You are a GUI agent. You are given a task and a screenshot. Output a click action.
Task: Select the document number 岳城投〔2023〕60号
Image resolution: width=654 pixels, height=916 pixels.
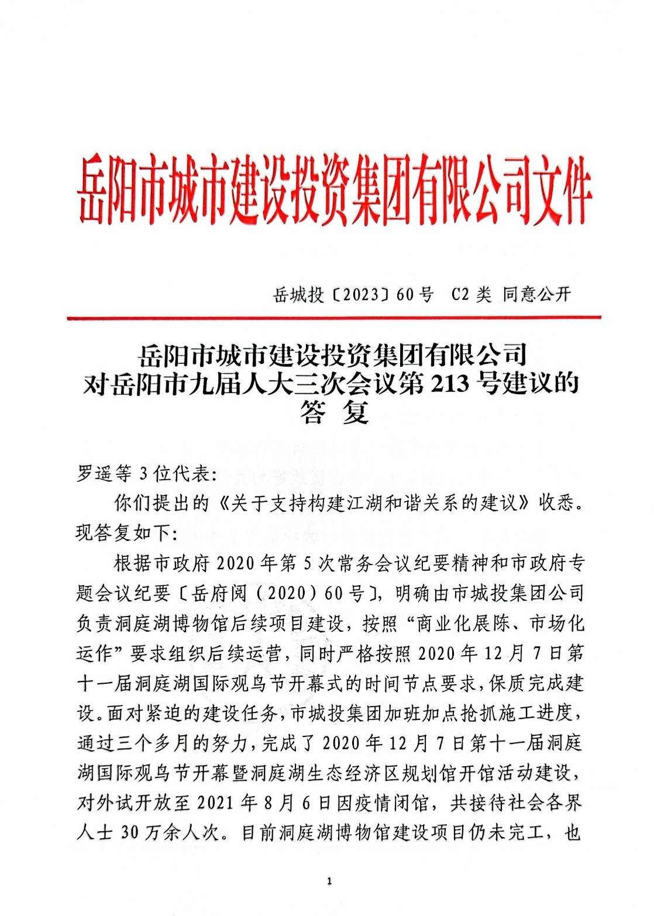(353, 295)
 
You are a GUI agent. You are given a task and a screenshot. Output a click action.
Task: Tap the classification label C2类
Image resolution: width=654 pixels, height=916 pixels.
(471, 295)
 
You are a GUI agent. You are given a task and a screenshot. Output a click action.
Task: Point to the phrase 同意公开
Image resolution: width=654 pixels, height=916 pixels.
(536, 294)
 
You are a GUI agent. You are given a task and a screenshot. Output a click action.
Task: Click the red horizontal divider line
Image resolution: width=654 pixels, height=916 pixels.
(333, 318)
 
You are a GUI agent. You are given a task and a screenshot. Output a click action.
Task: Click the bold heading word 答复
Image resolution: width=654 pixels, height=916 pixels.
(334, 413)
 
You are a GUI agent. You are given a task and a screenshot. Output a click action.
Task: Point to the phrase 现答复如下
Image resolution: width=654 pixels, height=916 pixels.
(122, 533)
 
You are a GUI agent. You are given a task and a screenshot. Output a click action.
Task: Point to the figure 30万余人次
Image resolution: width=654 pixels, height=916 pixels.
(173, 832)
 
